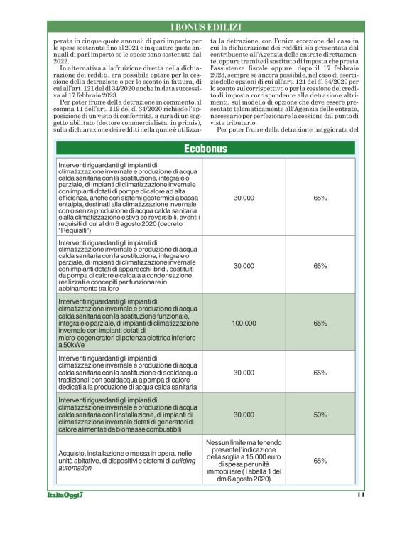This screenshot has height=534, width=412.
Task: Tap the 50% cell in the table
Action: [x=320, y=414]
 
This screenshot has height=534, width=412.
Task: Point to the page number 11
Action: [x=360, y=495]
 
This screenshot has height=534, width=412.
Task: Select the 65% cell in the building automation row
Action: [x=320, y=461]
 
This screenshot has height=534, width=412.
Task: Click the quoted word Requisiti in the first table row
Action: [x=75, y=231]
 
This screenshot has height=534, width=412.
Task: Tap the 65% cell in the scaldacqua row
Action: [x=320, y=372]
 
